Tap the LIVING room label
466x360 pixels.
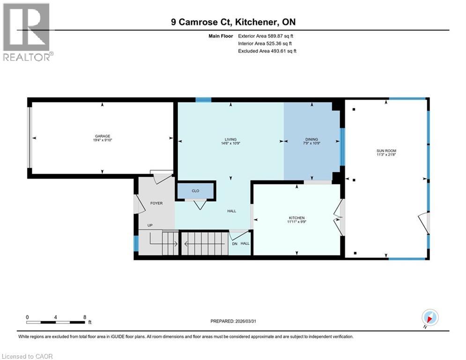230,139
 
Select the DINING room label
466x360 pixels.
312,139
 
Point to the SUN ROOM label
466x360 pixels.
386,150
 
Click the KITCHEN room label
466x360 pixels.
297,218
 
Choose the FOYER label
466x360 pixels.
156,203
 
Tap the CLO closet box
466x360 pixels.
195,191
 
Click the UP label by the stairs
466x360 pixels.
150,225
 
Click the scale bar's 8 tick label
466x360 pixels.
84,317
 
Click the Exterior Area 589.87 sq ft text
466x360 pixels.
266,36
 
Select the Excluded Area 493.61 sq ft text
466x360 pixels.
267,51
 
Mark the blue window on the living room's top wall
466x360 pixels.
203,99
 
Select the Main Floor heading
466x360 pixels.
221,36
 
